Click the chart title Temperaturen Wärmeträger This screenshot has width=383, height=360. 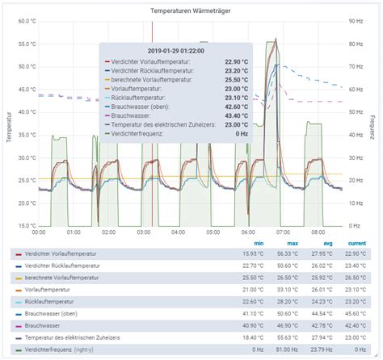pos(191,10)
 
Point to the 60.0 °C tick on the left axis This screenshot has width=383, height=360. pos(26,22)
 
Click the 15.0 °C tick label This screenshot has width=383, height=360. pos(26,226)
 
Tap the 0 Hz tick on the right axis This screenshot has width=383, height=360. pos(352,226)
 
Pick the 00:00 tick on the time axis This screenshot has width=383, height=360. pos(38,233)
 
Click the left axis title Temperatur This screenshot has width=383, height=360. pos(9,126)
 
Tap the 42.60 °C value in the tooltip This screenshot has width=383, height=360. pos(232,106)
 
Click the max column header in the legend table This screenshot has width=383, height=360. pos(293,243)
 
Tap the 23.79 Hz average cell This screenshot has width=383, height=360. pos(321,350)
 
